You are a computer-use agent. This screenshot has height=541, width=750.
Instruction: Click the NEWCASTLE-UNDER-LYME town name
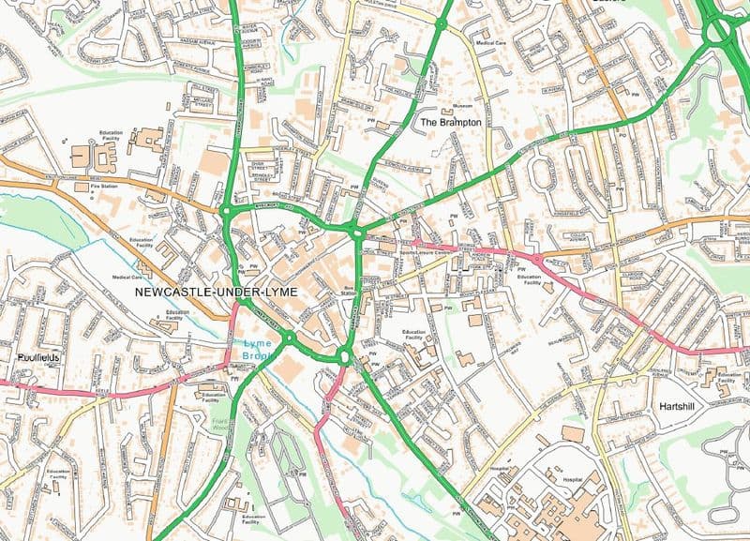pyautogui.click(x=216, y=293)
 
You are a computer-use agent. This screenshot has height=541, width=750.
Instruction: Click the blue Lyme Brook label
pyautogui.click(x=250, y=350)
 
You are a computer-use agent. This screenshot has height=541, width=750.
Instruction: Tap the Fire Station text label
pyautogui.click(x=103, y=188)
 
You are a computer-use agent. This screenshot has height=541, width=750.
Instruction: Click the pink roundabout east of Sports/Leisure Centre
pyautogui.click(x=537, y=258)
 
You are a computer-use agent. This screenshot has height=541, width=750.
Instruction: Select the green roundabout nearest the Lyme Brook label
pyautogui.click(x=290, y=337)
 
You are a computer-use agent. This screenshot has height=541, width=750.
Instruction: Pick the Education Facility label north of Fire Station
pyautogui.click(x=111, y=135)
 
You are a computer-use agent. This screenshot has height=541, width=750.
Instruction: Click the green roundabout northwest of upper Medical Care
pyautogui.click(x=440, y=20)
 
